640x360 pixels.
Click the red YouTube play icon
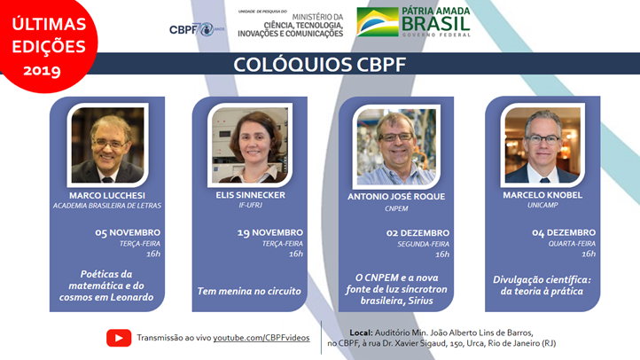(119, 337)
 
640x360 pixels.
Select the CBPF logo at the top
(191, 28)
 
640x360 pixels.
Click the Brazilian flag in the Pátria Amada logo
(377, 21)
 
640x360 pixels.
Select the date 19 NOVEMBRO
(269, 232)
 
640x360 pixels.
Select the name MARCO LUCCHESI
(106, 196)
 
